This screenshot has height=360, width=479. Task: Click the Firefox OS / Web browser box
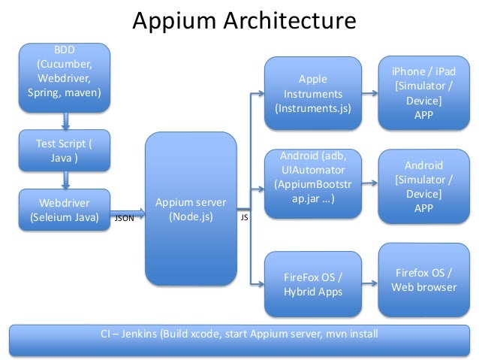click(423, 279)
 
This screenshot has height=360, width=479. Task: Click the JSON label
click(124, 219)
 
